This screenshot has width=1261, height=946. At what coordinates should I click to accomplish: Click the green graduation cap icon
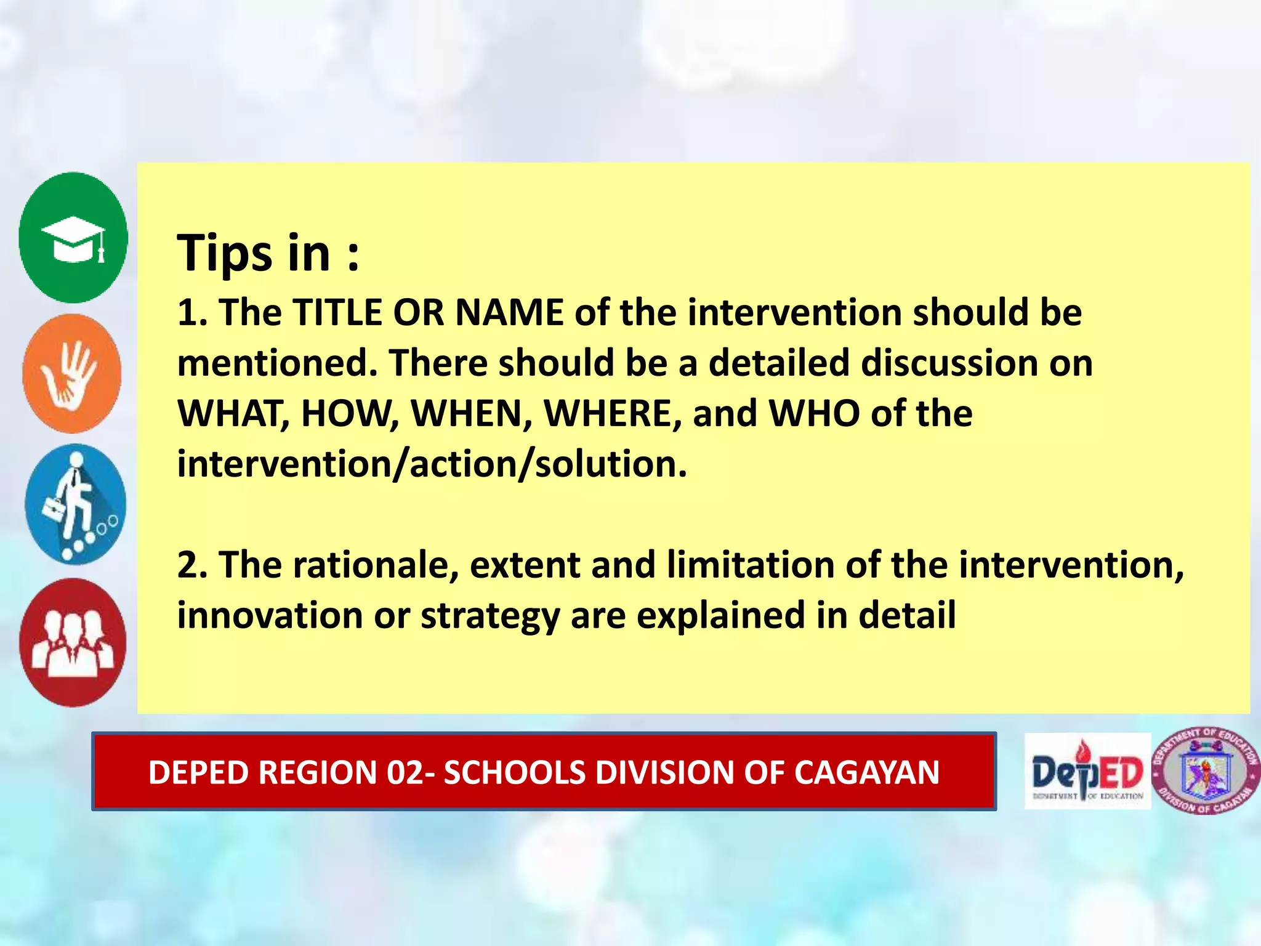73,238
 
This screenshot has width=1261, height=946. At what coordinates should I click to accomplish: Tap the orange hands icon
72,373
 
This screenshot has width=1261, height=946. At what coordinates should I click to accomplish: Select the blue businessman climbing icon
75,504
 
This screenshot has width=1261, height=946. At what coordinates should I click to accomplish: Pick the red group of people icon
73,642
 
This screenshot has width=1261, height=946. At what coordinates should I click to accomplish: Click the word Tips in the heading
225,253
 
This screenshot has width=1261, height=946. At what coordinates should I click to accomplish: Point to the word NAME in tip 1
509,312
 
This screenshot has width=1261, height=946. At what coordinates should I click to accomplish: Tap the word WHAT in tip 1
233,413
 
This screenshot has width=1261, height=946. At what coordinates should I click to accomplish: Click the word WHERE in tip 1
613,413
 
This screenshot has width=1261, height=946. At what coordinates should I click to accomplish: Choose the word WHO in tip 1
814,413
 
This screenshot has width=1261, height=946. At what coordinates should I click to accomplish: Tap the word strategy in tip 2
489,616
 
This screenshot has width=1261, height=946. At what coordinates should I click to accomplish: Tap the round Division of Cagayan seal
1206,770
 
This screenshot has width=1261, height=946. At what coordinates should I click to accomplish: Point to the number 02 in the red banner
405,772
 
